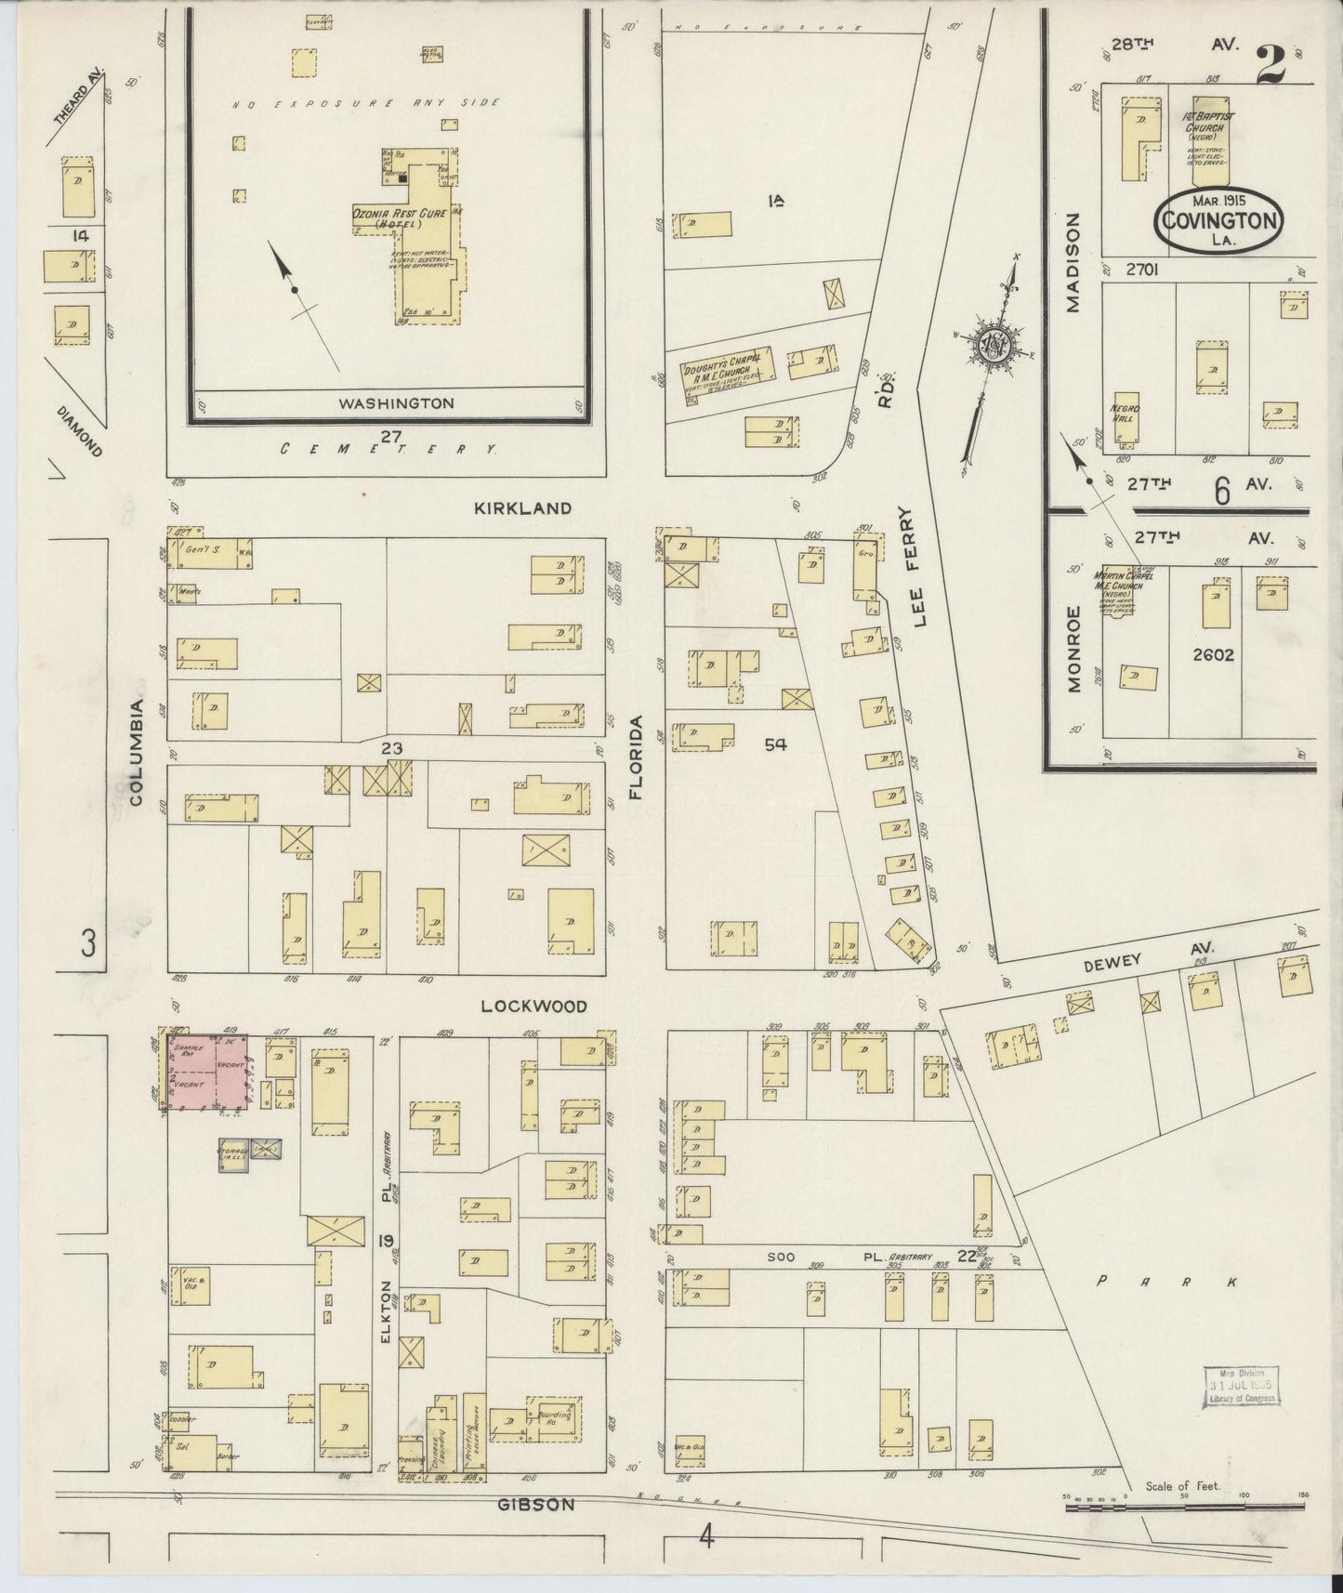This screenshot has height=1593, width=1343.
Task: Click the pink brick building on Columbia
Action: tap(207, 1073)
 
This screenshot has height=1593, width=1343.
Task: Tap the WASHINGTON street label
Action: tap(396, 403)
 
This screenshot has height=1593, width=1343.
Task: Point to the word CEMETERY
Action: tap(388, 449)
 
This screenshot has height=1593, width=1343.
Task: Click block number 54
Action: tap(775, 744)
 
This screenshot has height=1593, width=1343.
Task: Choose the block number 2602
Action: tap(1212, 654)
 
